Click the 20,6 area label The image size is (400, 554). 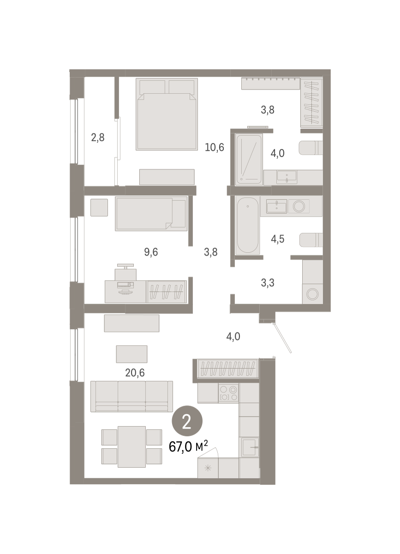click(x=135, y=373)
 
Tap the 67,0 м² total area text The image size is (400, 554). click(x=188, y=446)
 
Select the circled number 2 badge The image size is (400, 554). click(x=187, y=421)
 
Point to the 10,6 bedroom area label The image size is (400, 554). click(x=215, y=147)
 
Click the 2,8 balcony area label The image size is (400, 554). click(x=98, y=138)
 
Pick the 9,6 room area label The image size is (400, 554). click(x=151, y=252)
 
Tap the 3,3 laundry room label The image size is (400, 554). click(x=268, y=283)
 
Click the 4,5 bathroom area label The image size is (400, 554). click(x=278, y=239)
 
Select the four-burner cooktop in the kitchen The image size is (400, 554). click(x=228, y=393)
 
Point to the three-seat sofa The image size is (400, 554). click(x=131, y=396)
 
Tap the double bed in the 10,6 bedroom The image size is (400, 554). click(x=167, y=114)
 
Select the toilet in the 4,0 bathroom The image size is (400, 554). click(x=311, y=148)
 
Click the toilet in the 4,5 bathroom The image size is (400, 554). click(x=311, y=240)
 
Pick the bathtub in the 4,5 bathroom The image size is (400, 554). click(x=247, y=225)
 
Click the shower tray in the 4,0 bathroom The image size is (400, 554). click(x=249, y=159)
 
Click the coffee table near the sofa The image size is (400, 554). click(x=131, y=354)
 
